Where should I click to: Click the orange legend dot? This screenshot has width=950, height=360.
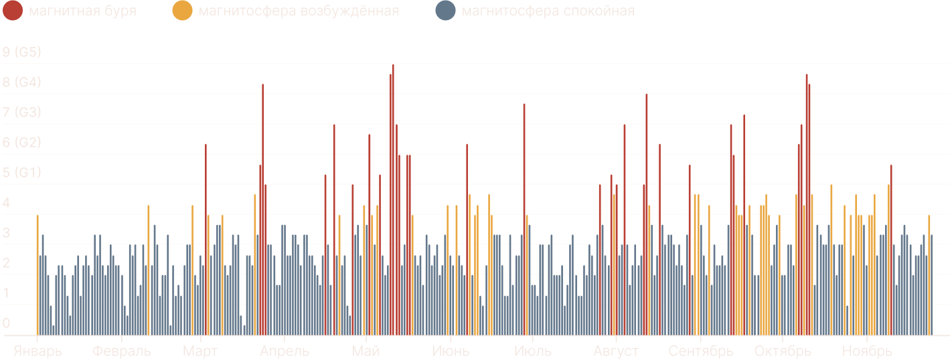click(x=181, y=11)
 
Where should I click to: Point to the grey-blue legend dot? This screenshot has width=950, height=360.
click(x=445, y=11)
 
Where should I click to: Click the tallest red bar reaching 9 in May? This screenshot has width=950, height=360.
click(x=393, y=201)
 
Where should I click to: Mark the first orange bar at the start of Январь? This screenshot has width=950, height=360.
click(x=37, y=274)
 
